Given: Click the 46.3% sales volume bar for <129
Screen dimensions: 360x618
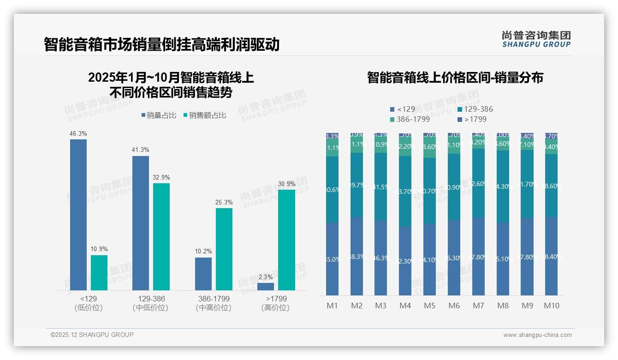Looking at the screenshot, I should [78, 215].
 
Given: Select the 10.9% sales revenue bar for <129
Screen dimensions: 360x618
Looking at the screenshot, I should [99, 273].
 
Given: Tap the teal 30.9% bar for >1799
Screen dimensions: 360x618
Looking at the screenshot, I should [286, 240].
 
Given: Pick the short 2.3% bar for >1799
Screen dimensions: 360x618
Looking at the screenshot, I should [266, 287].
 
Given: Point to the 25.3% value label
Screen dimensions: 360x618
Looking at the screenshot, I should [224, 203].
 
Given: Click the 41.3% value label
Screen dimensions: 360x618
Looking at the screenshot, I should [141, 150].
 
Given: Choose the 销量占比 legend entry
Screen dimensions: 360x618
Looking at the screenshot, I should [159, 115].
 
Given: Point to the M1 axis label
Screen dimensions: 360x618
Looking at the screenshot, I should [333, 306].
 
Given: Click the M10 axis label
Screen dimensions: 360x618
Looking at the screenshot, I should [552, 306].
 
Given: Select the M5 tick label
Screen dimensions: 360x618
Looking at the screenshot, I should [430, 306].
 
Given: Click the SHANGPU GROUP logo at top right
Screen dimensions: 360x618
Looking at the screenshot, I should [536, 39].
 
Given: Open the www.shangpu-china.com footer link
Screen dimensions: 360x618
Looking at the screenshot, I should [537, 335].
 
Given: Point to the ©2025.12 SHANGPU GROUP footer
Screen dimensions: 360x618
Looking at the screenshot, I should [92, 335].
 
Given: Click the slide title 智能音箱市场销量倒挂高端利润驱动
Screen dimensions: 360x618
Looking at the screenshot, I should [162, 44].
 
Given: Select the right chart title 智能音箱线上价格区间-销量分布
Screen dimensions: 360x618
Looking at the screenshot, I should [455, 78].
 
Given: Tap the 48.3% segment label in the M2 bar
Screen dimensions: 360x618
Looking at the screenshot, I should [357, 257].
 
